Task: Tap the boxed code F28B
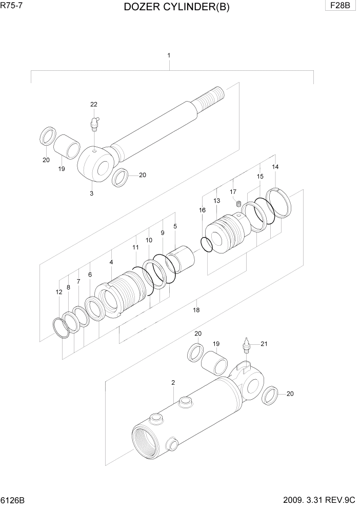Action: pos(340,6)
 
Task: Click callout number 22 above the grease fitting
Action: pos(94,105)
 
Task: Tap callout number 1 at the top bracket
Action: pos(169,55)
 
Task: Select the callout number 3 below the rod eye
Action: pos(91,193)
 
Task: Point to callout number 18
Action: pos(196,310)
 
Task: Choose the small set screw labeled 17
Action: pos(238,205)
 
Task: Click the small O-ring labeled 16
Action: pos(206,245)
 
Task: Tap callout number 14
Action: pos(275,167)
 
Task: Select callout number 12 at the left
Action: pos(59,292)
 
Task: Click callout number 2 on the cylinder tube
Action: pos(173,383)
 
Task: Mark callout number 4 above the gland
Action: pos(111,262)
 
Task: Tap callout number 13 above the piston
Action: pos(217,201)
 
